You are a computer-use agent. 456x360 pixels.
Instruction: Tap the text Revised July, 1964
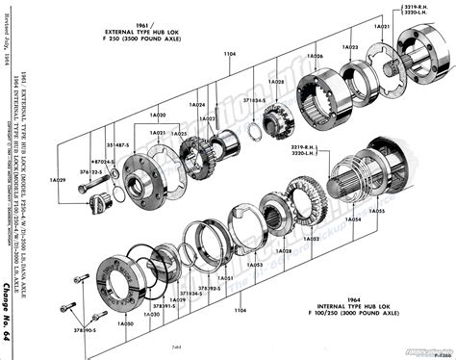pos(14,39)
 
